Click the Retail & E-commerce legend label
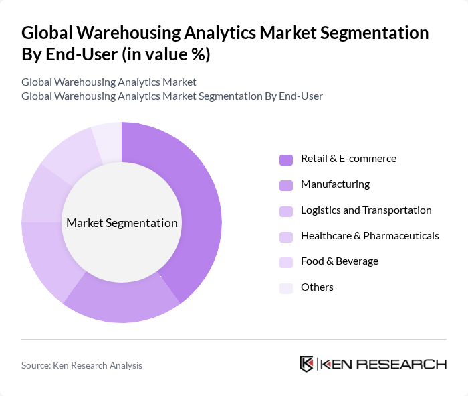click(348, 159)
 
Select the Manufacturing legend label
click(335, 184)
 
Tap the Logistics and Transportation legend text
click(366, 210)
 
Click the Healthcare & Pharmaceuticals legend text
click(370, 236)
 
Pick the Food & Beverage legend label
click(340, 261)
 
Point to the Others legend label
click(317, 287)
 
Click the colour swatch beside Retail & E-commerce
click(286, 159)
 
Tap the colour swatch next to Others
click(286, 287)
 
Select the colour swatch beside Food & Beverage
click(286, 262)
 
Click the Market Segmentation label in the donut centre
click(122, 223)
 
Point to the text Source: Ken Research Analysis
click(82, 365)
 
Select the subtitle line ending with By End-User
click(172, 96)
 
